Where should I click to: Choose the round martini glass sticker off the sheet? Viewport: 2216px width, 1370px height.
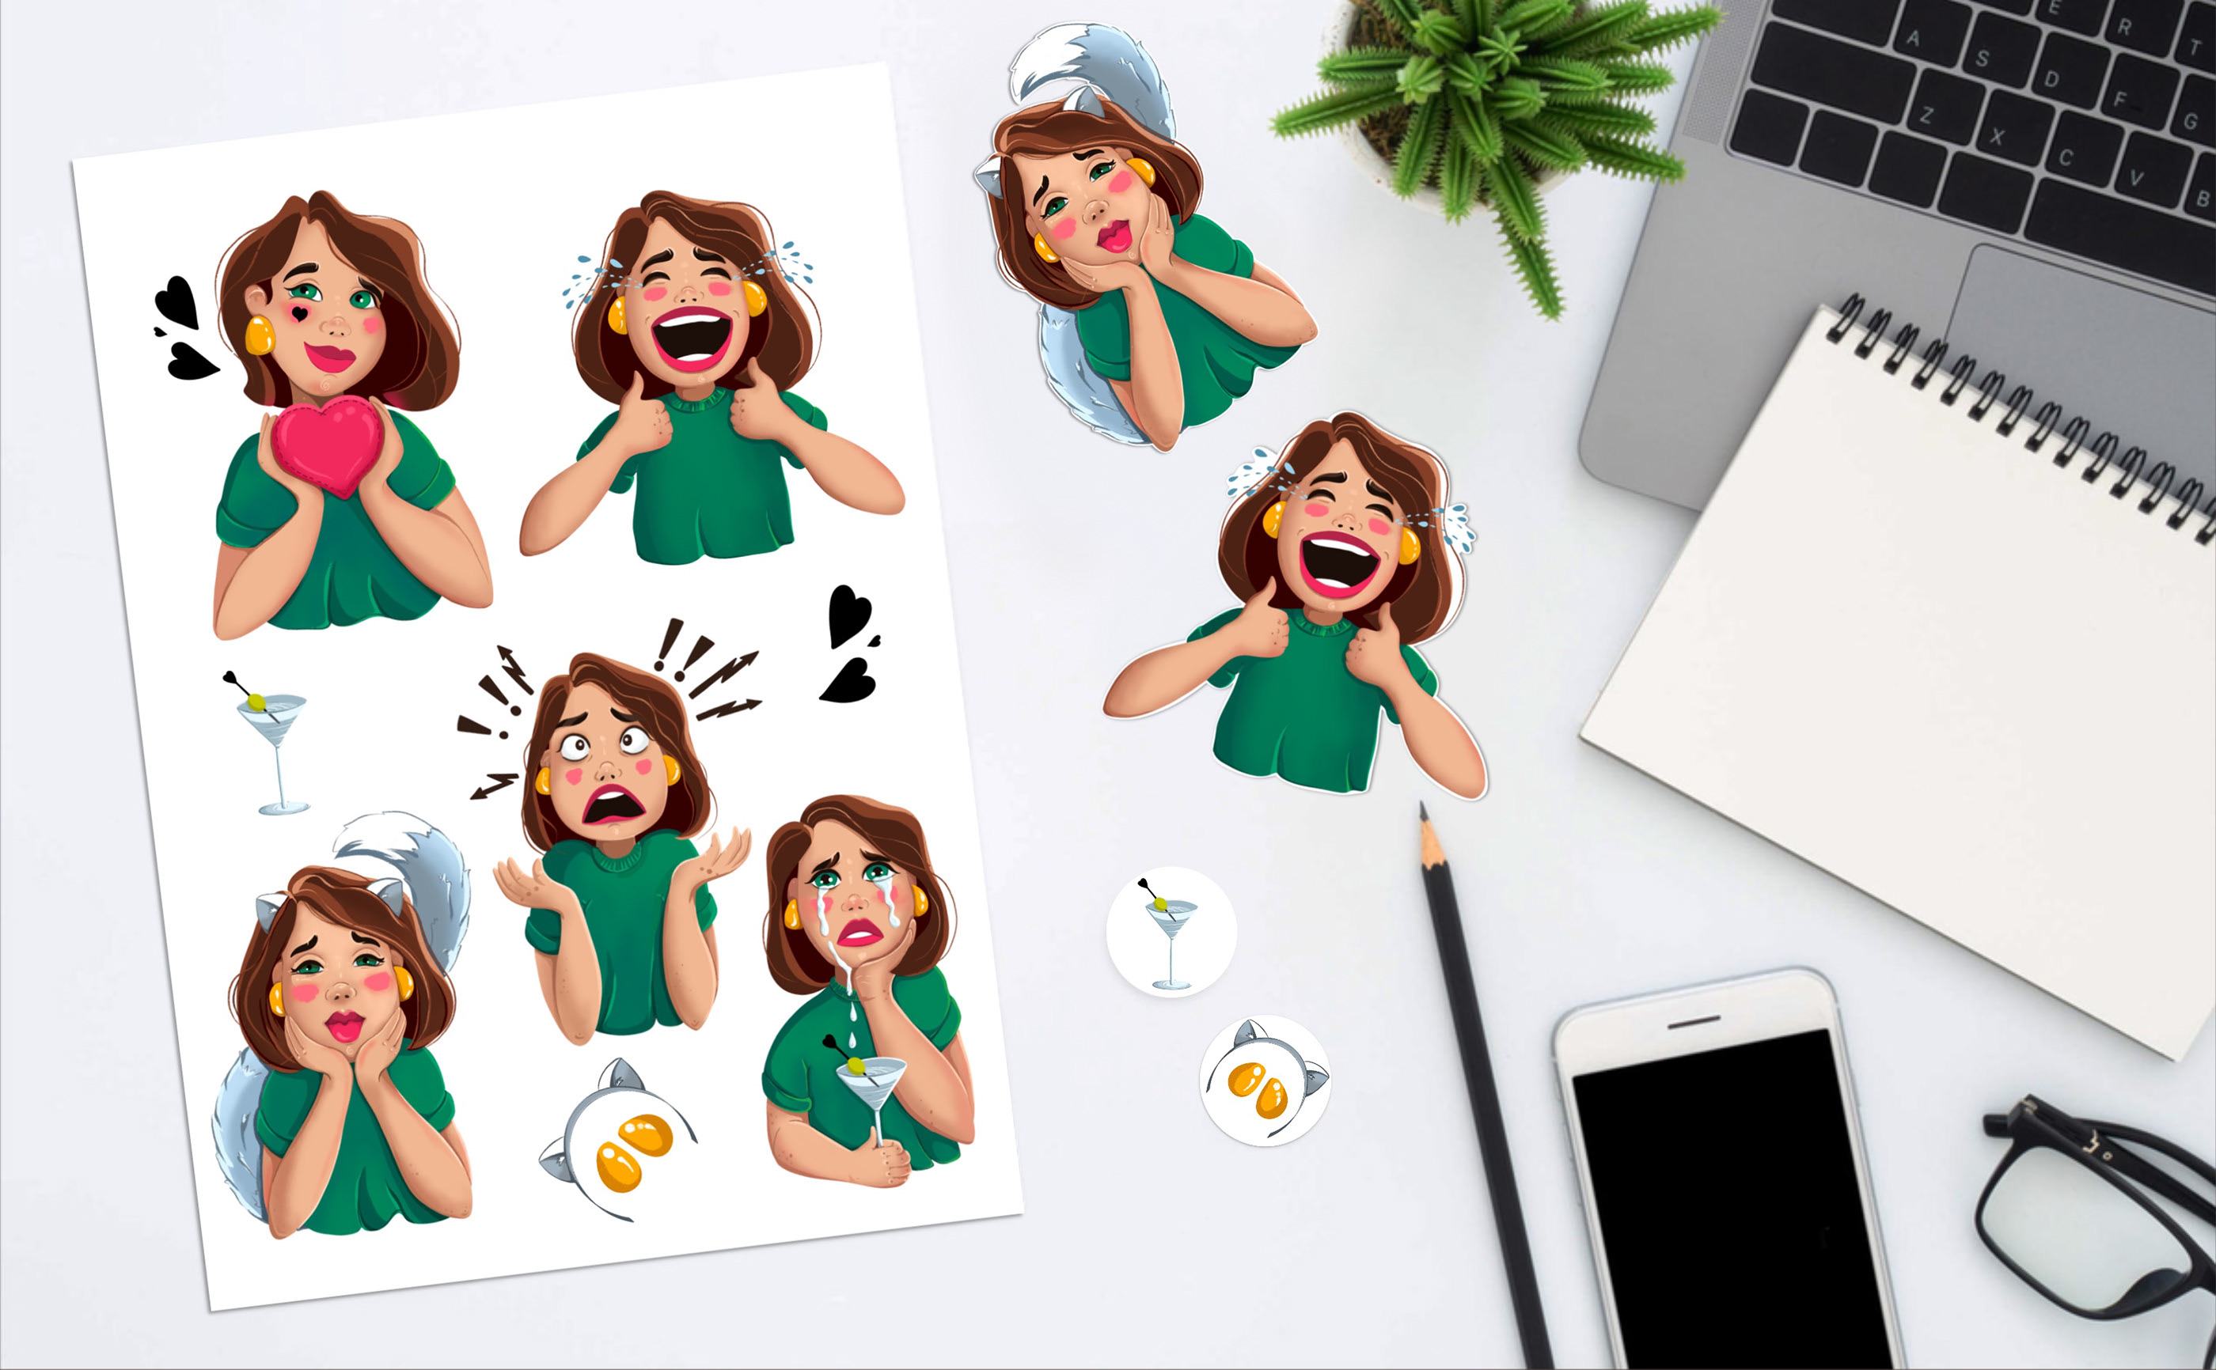tap(1171, 933)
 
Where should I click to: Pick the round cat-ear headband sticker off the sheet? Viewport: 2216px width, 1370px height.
tap(1265, 1080)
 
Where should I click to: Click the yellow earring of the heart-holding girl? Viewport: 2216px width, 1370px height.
tap(260, 335)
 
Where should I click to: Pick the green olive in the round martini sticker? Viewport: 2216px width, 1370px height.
tap(1161, 903)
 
